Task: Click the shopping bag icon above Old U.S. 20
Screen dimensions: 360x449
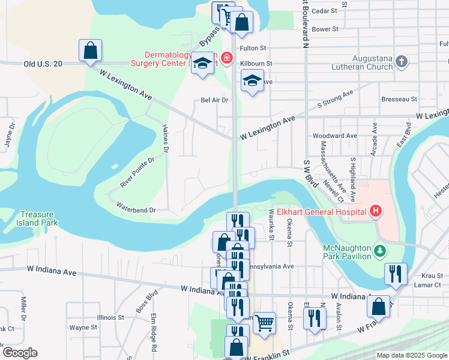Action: point(90,50)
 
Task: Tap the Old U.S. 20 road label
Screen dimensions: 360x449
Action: point(43,64)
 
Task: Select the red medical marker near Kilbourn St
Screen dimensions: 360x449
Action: point(226,58)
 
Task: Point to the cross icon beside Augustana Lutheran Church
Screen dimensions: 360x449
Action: point(402,61)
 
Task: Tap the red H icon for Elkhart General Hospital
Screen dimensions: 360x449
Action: point(376,211)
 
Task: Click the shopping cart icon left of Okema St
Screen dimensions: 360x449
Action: point(264,322)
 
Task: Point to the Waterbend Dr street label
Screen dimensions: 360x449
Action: point(136,210)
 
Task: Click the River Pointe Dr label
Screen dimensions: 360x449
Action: point(137,173)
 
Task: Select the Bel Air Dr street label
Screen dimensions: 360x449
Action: point(215,100)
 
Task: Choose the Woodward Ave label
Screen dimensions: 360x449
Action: point(334,136)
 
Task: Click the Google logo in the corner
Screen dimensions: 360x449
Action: point(19,353)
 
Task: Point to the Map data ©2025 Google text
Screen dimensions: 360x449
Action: point(411,355)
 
